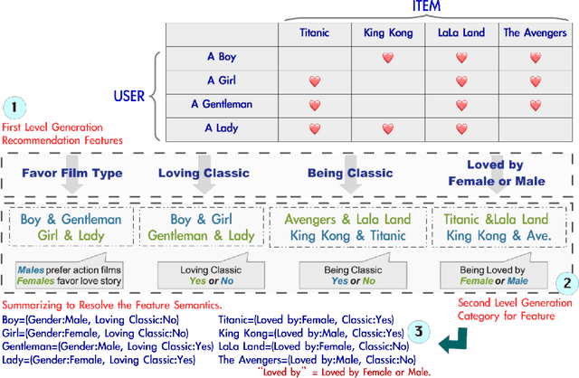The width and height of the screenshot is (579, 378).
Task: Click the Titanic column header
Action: tap(315, 33)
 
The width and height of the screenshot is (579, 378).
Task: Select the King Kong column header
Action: tap(387, 33)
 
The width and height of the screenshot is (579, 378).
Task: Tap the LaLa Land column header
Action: tap(460, 33)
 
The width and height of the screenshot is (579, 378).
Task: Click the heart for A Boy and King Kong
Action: tap(387, 57)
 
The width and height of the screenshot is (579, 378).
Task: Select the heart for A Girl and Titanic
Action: tap(315, 80)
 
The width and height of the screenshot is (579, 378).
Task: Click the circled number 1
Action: tap(14, 106)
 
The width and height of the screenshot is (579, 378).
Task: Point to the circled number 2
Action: tap(566, 281)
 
